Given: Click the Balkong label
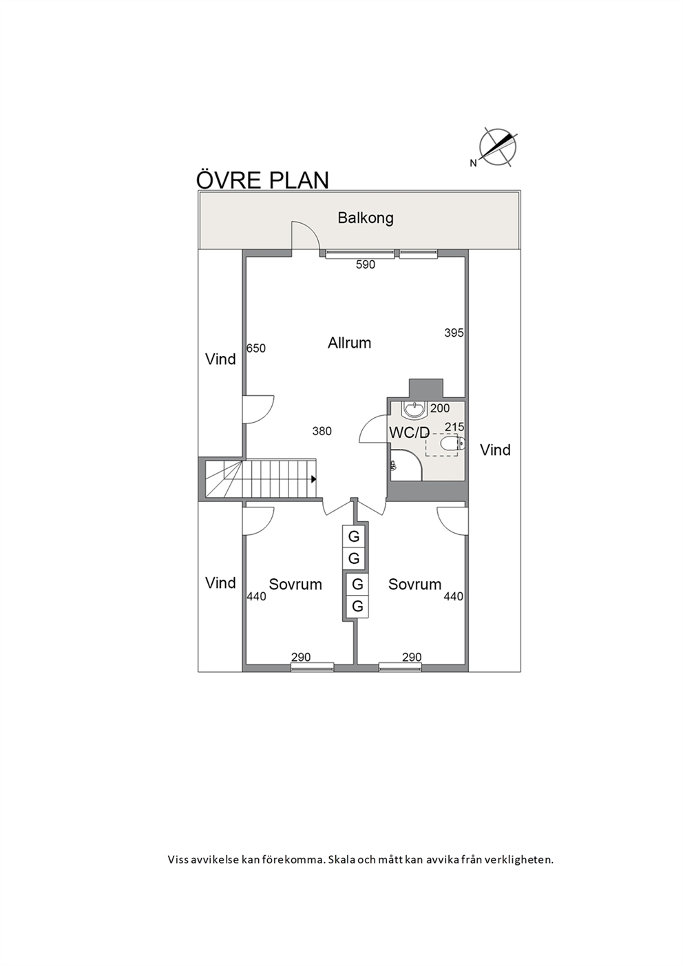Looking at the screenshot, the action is coord(365,218).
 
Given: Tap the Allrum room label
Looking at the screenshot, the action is coord(349,343).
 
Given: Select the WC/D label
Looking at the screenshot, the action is coord(409,432).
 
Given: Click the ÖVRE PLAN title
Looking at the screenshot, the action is coord(262,180).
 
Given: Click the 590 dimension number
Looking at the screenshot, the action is coord(365,265).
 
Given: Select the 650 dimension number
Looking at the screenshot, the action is coord(256,348).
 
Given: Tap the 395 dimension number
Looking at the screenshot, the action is coord(454,333).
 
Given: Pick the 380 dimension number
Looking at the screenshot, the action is coord(322,431).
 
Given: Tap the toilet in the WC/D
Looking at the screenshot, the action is coord(453,443).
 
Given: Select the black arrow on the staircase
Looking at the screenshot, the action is coord(313,479).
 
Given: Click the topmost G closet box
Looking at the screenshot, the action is coord(354,536).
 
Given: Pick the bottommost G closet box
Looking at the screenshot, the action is coord(357,607).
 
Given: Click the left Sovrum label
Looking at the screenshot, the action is coord(295,585).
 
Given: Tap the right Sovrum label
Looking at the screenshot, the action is coord(414,585).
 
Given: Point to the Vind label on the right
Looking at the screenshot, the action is coord(496,450).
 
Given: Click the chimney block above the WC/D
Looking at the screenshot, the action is coord(426,388).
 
